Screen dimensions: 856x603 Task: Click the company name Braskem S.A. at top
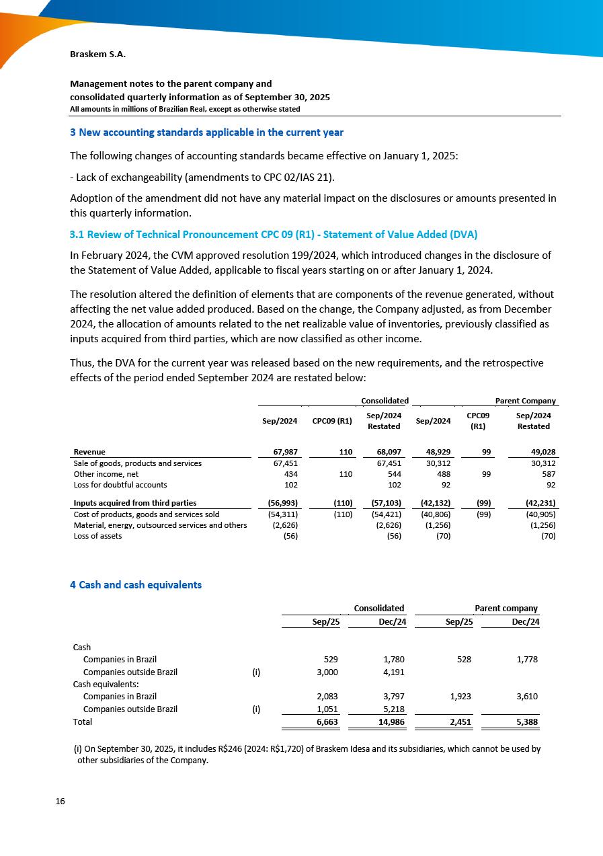point(97,54)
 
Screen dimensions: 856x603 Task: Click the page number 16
point(61,802)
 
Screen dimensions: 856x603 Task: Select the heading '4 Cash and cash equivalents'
point(136,585)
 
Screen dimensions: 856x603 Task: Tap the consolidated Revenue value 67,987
point(284,452)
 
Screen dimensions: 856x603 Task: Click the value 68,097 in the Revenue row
point(387,452)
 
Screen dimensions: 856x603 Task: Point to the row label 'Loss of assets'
point(97,536)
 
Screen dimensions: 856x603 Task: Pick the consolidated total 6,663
point(327,722)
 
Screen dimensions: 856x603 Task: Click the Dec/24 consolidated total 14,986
point(391,722)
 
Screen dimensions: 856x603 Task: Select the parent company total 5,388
point(524,722)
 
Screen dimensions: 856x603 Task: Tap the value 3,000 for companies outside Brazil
point(327,671)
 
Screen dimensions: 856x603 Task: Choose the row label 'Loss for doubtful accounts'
point(120,484)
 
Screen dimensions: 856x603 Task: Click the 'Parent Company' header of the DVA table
point(525,401)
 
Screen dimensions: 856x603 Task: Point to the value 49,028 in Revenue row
point(541,452)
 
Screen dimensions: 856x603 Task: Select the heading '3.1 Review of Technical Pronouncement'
point(274,235)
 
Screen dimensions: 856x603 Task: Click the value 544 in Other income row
point(393,474)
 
